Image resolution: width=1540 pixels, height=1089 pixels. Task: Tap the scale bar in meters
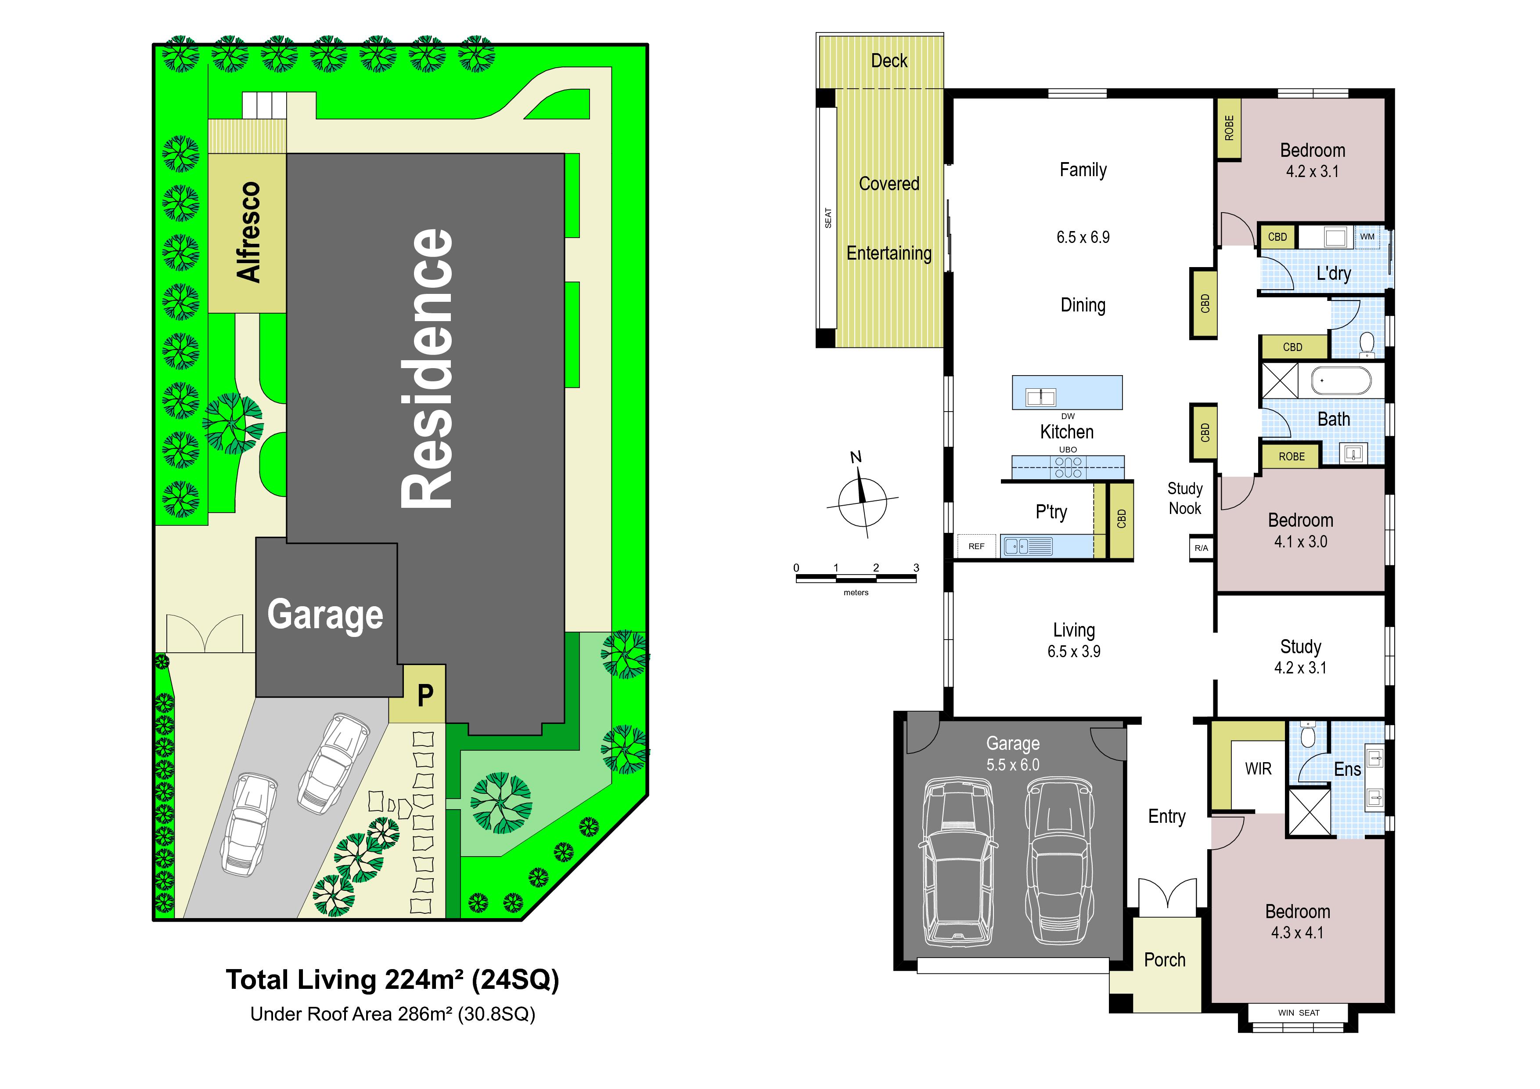pos(856,577)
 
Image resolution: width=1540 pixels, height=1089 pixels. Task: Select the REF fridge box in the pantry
pos(977,546)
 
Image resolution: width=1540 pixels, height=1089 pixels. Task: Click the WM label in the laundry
pos(1367,236)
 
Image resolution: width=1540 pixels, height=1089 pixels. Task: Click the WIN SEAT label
pos(1299,1013)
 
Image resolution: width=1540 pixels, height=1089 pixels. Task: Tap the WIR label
pos(1258,769)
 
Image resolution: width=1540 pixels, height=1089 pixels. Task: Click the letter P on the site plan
pos(425,695)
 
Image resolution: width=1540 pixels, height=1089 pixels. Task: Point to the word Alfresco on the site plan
pos(248,232)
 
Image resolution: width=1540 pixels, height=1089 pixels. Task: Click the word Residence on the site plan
pos(427,369)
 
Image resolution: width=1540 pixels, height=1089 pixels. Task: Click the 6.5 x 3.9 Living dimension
pos(1074,651)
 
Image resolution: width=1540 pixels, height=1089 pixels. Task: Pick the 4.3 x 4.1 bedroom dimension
pos(1297,933)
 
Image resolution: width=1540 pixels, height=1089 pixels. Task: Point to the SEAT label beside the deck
pos(828,218)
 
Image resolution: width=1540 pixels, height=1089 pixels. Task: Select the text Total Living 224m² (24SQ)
pos(392,980)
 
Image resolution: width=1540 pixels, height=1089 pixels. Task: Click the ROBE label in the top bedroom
pos(1229,128)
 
